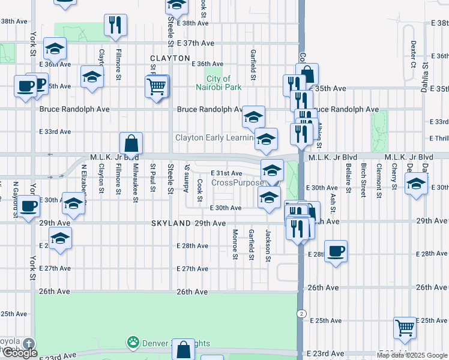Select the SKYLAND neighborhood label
click(170, 223)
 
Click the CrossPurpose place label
click(238, 182)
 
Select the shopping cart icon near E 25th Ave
click(405, 328)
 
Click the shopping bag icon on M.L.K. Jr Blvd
click(131, 144)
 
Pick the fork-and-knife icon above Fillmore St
click(114, 25)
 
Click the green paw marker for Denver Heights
click(133, 343)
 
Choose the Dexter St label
click(414, 54)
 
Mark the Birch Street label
click(363, 179)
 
